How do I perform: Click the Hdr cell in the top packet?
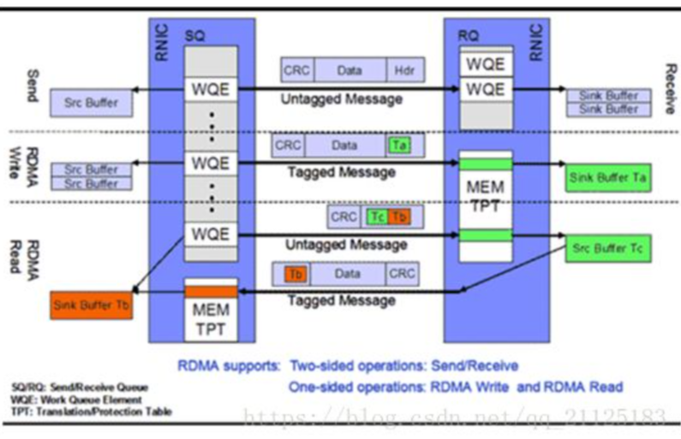coord(402,71)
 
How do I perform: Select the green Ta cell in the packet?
coord(397,145)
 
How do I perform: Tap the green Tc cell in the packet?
coord(377,217)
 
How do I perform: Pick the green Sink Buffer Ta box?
coord(606,178)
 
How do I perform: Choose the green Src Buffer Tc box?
coord(606,249)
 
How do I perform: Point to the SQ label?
coord(196,37)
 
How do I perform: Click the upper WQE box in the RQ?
coord(485,64)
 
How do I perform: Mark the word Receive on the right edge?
coord(669,86)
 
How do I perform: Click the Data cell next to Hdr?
coord(349,71)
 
